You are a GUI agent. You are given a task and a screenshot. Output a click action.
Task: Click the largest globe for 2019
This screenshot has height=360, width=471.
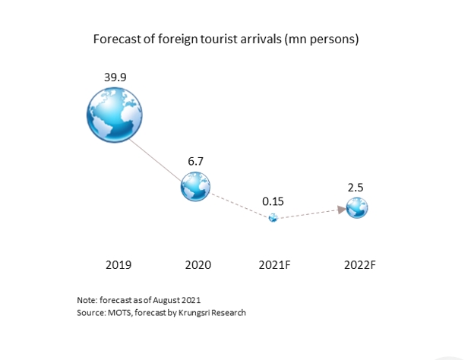(x=115, y=115)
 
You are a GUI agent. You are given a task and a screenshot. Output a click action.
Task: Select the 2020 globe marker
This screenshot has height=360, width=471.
(x=195, y=186)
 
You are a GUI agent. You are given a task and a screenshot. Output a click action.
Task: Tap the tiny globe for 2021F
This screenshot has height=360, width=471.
(x=273, y=218)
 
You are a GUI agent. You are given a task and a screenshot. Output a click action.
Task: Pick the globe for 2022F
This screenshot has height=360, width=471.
(x=357, y=208)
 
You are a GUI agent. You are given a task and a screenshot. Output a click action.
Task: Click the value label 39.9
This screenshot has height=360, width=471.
(x=115, y=77)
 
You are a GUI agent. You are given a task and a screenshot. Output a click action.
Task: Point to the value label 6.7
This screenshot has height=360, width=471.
(x=195, y=161)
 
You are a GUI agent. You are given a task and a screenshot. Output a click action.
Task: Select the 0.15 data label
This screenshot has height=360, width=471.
(x=273, y=201)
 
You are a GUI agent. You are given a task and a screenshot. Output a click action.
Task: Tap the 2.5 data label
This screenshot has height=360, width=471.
(x=356, y=188)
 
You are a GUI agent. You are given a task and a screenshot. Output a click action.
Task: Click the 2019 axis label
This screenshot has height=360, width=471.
(x=119, y=265)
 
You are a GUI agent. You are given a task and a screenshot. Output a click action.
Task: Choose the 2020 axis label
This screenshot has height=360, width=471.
(x=198, y=265)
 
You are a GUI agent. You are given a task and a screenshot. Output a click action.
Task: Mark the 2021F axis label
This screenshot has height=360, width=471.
(x=274, y=265)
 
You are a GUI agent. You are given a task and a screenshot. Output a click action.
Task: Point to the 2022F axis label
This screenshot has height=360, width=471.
(x=360, y=265)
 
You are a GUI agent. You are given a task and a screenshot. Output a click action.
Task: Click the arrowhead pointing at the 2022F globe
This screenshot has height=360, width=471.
(x=342, y=210)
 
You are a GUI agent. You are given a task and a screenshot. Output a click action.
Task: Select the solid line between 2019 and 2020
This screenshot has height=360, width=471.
(x=156, y=161)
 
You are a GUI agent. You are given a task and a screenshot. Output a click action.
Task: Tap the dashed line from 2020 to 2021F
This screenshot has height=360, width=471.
(x=240, y=206)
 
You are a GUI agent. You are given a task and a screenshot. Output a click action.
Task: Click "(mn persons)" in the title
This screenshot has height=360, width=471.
(x=321, y=39)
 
